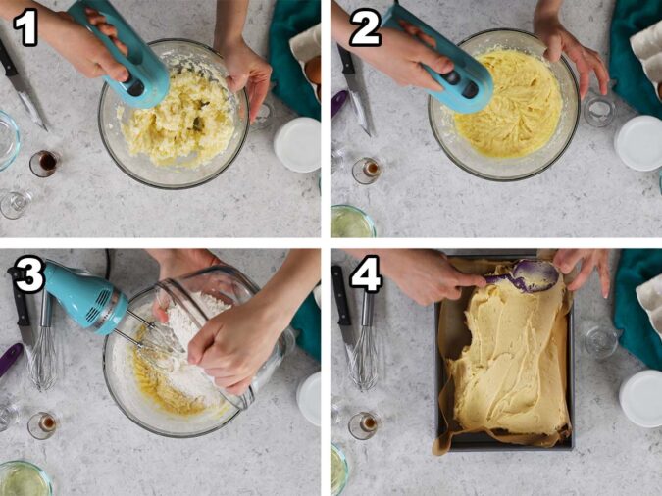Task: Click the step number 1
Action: tap(26, 28)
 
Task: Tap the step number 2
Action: tap(365, 28)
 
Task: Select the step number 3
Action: tap(28, 274)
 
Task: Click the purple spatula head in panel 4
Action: tap(535, 275)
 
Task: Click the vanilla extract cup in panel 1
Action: tap(45, 163)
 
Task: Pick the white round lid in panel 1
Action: tap(297, 145)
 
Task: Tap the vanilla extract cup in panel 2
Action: tap(368, 171)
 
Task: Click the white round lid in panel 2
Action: tap(638, 143)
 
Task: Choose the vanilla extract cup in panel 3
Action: tap(44, 425)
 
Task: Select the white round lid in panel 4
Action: tap(641, 398)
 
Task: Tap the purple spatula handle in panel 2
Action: tap(339, 104)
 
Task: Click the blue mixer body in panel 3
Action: tap(84, 297)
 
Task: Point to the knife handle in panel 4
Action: tap(340, 295)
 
